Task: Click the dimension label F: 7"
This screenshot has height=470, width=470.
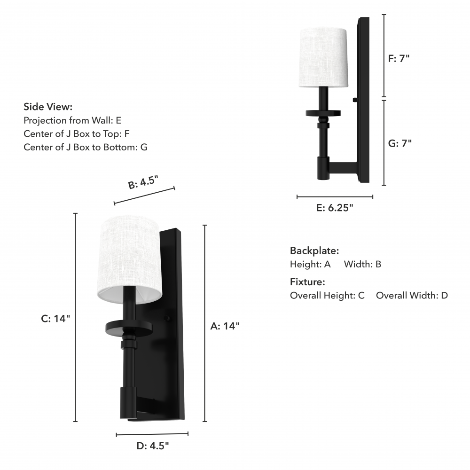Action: coord(399,58)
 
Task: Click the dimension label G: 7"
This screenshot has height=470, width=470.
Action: coord(400,143)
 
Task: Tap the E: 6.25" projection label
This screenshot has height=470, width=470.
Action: coord(335,207)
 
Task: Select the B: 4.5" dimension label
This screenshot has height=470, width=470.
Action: coord(143,182)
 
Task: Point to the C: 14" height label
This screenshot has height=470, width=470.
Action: coord(55,318)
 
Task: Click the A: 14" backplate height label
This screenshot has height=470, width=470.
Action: coord(225,326)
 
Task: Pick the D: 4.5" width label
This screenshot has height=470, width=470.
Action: coord(153,446)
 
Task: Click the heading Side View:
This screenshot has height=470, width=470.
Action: coord(48,107)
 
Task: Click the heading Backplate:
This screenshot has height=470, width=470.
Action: coord(314,251)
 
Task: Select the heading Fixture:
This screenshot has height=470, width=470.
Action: coord(307,282)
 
